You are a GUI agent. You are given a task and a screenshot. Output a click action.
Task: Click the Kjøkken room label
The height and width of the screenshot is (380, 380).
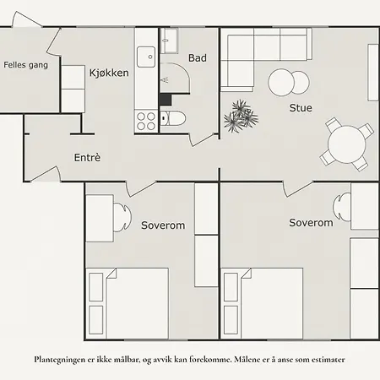point(109,73)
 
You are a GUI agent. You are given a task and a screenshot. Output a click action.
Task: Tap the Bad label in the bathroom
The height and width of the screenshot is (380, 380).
point(198,58)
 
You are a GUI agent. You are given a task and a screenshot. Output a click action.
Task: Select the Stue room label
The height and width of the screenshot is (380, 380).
point(301,108)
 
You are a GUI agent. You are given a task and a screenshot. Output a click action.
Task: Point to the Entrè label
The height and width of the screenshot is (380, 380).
point(87,157)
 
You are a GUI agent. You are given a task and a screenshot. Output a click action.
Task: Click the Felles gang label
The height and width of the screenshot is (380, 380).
point(25,65)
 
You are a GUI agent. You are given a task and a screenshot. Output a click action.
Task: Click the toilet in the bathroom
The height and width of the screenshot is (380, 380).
point(173,118)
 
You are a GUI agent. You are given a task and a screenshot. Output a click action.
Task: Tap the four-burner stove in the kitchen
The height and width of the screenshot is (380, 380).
point(146,121)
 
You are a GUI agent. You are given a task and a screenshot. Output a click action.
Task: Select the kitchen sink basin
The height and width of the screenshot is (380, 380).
point(146,57)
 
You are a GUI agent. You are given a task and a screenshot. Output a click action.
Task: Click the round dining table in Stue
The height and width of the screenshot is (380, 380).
point(347,144)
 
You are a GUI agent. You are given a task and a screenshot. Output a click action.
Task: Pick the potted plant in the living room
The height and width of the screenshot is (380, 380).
point(241,116)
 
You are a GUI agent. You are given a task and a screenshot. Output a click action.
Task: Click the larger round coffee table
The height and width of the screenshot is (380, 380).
point(281,83)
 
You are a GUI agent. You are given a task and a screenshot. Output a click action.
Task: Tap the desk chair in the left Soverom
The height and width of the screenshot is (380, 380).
point(122,218)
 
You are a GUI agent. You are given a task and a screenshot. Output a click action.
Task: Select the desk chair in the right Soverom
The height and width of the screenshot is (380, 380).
point(342,207)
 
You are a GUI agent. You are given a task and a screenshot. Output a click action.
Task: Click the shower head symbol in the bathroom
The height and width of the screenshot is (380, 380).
point(165,80)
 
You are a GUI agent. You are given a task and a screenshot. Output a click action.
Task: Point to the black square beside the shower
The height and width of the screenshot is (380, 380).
point(166,100)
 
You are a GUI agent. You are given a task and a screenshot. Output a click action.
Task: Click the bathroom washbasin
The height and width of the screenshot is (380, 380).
point(169,41)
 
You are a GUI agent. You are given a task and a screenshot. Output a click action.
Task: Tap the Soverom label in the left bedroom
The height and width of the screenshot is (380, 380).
point(163,225)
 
